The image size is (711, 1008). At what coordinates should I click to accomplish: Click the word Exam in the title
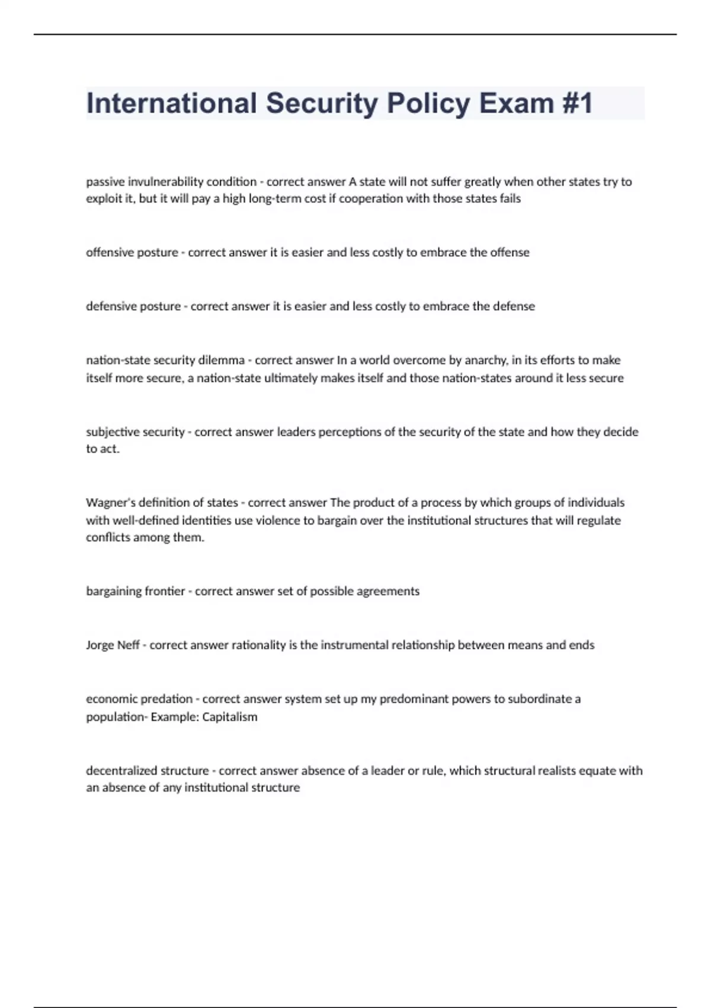(517, 103)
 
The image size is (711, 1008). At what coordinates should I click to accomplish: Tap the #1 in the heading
(577, 103)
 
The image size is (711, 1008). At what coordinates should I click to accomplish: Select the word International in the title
(171, 103)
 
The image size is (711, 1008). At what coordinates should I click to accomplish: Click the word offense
(509, 252)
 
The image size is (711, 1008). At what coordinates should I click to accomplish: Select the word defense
(514, 306)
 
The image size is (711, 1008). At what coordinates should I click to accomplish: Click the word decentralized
(118, 770)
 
